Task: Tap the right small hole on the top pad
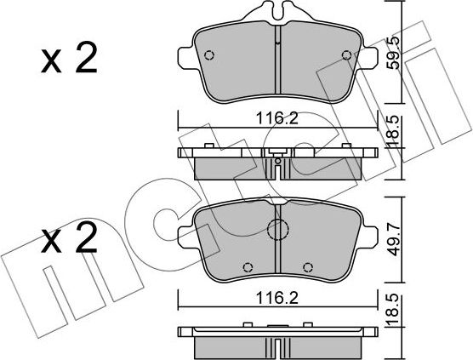click(x=345, y=56)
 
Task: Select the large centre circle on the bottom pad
click(x=278, y=230)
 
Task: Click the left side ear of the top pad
click(x=183, y=58)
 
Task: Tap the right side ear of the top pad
click(x=373, y=58)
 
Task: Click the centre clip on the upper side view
click(x=277, y=159)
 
